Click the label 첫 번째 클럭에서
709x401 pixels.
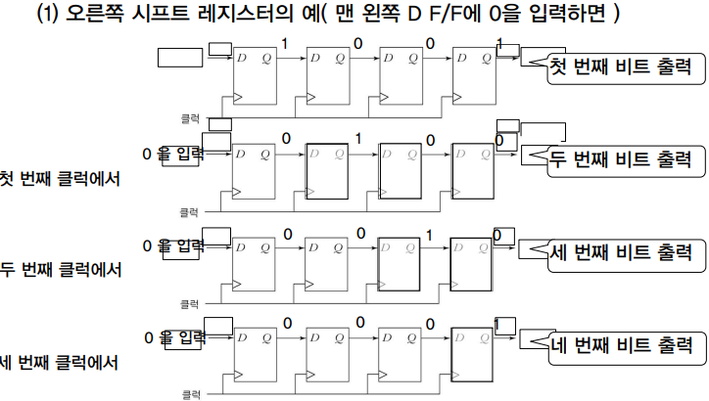tap(60, 178)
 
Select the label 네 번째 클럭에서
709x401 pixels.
tap(60, 363)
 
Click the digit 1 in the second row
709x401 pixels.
tap(359, 138)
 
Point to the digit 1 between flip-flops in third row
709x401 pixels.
tap(429, 234)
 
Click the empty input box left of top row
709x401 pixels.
tap(178, 58)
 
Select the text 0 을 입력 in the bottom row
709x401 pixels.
tap(174, 337)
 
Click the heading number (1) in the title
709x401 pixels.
tap(49, 17)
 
